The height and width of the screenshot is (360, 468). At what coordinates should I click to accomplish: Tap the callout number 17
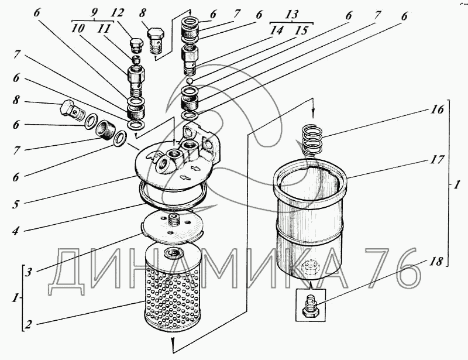point(437,160)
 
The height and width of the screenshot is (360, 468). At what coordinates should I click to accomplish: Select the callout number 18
point(436,262)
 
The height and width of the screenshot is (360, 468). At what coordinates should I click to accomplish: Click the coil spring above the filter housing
point(312,140)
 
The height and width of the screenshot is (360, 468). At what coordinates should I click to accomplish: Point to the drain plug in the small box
point(311,306)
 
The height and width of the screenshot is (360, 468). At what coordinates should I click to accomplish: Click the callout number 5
point(16,204)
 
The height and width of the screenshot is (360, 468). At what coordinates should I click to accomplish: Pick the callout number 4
point(16,231)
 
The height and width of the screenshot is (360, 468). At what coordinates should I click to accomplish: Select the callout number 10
point(78,29)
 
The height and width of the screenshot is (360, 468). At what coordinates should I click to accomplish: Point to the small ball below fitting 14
point(190,81)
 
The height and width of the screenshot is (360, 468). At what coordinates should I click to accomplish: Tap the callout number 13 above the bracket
point(291,14)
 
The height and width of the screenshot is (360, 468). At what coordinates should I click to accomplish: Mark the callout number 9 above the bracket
point(94,12)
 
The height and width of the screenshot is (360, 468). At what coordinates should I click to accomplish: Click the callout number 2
point(27,324)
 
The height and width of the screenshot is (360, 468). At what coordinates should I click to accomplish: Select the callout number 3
point(27,272)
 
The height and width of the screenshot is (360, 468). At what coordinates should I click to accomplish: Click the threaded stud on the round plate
point(173,221)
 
